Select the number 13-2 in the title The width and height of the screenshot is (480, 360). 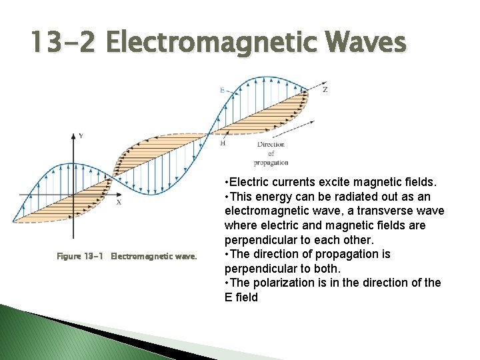click(64, 43)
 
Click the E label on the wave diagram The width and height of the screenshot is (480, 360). click(222, 89)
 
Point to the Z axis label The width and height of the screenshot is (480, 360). click(325, 89)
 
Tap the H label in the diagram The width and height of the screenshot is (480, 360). click(223, 143)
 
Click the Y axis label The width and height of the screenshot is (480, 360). click(81, 136)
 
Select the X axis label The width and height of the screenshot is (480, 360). click(119, 202)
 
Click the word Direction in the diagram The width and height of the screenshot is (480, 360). click(271, 144)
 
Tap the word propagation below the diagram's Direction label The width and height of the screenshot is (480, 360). click(271, 163)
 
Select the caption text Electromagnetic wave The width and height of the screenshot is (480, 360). click(154, 256)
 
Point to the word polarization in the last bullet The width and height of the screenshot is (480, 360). click(283, 283)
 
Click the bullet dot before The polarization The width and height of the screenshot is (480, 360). click(228, 283)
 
